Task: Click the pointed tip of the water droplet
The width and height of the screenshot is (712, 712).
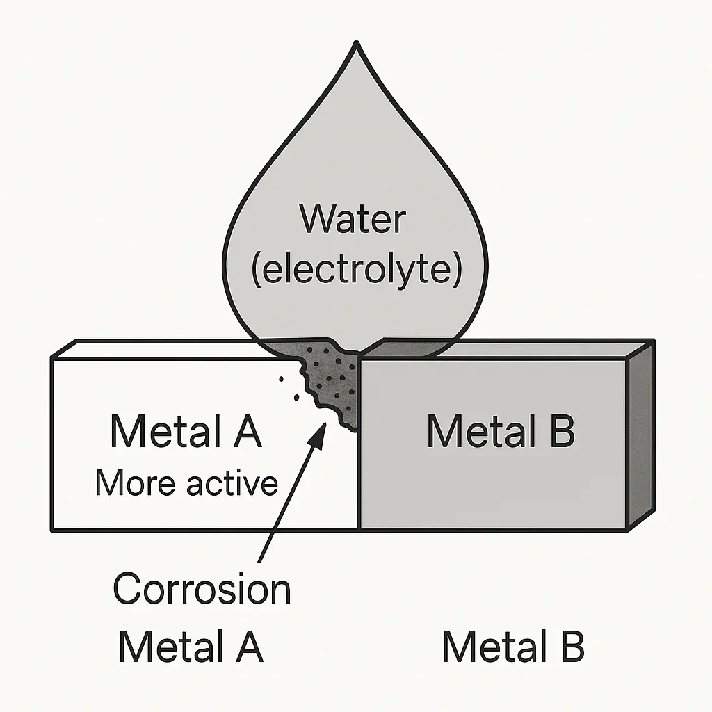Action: pos(356,44)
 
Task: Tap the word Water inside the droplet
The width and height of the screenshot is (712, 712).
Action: pos(353,220)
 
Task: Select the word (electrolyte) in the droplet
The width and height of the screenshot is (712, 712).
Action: pos(356,270)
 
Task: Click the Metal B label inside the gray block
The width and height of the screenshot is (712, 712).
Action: pos(501,431)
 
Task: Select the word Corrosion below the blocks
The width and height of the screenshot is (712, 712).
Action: pos(202,590)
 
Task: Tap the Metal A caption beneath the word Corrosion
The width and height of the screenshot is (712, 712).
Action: pos(191,647)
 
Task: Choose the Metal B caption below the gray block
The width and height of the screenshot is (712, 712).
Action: pos(513,647)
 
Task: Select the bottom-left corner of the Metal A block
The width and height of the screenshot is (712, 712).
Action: pos(52,531)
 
